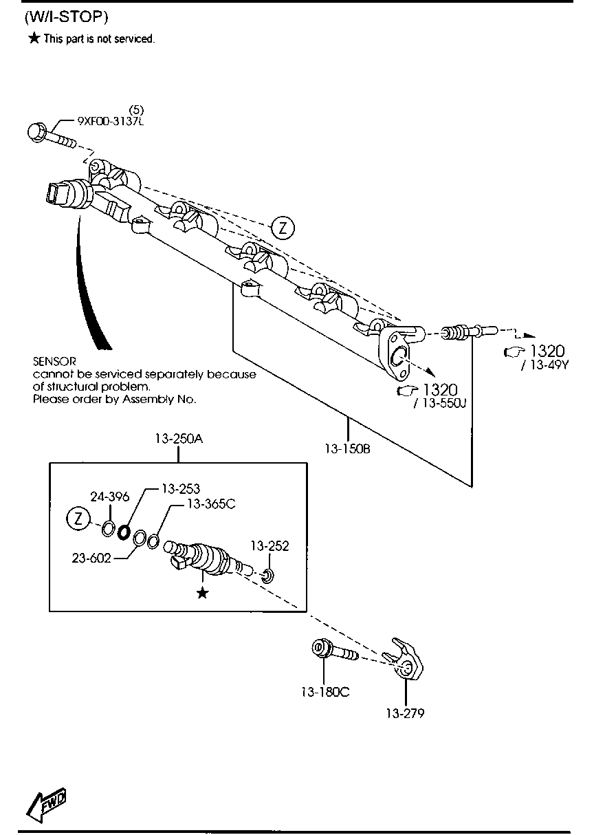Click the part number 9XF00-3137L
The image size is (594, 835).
coord(111,122)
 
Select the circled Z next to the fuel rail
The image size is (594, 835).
coord(283,228)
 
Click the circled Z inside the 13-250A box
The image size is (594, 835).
coord(78,519)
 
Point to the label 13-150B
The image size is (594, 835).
coord(348,449)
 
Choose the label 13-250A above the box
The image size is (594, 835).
coord(179,439)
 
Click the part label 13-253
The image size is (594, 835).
coord(181,489)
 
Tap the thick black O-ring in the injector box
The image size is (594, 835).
coord(123,532)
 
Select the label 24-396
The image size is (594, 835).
coord(109,497)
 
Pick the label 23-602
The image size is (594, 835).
coord(91,558)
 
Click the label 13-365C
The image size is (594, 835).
coord(211,504)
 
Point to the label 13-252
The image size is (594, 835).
coord(269,545)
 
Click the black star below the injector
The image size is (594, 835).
coord(202,592)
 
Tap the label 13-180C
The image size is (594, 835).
coord(325,692)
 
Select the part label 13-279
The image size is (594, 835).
coord(405,713)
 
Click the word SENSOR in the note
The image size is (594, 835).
coord(54,361)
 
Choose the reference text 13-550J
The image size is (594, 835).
coord(440,403)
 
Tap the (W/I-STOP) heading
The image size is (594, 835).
coord(66,17)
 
